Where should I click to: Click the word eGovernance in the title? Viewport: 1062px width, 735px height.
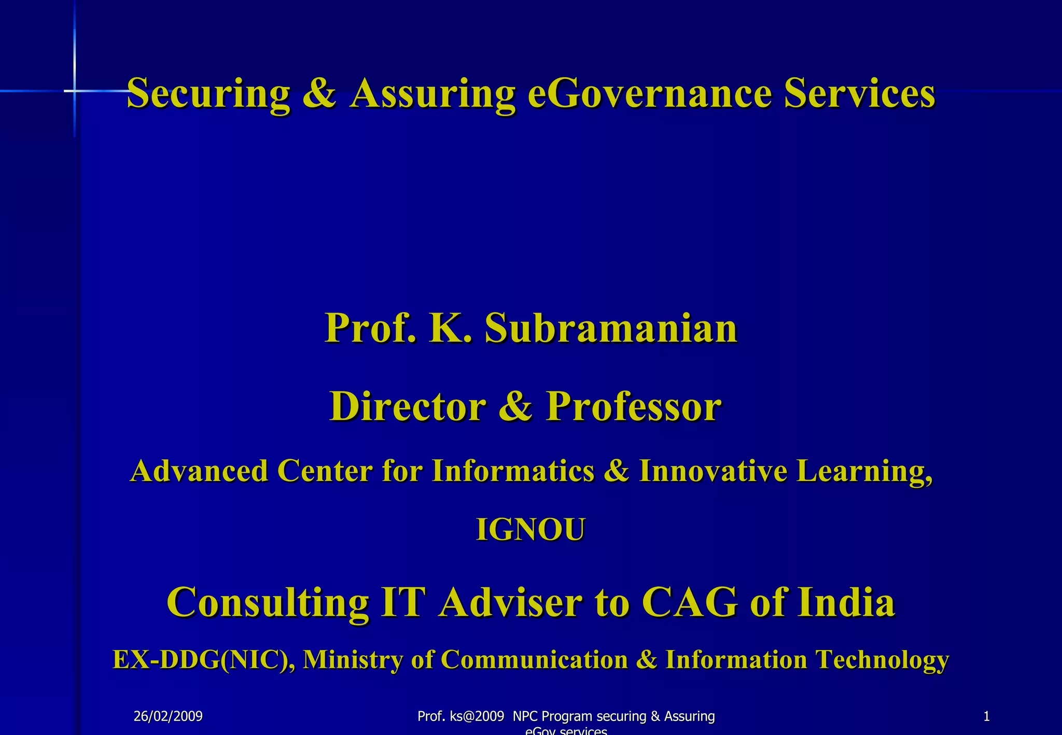pyautogui.click(x=650, y=93)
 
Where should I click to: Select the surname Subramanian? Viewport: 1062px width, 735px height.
pyautogui.click(x=611, y=329)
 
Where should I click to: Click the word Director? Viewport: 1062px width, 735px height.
pyautogui.click(x=408, y=406)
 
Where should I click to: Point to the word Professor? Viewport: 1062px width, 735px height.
pyautogui.click(x=634, y=406)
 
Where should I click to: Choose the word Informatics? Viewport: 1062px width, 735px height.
pyautogui.click(x=513, y=471)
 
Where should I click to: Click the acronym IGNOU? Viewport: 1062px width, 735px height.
pyautogui.click(x=530, y=530)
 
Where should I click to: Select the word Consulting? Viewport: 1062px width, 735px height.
pyautogui.click(x=268, y=602)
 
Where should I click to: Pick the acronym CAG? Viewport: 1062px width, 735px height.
pyautogui.click(x=690, y=602)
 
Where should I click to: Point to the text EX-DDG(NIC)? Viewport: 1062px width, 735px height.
pyautogui.click(x=204, y=660)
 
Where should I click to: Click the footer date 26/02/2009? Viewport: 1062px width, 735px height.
pyautogui.click(x=168, y=717)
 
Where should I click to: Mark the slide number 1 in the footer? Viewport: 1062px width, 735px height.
pyautogui.click(x=986, y=717)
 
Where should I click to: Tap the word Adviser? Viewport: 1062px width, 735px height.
pyautogui.click(x=510, y=602)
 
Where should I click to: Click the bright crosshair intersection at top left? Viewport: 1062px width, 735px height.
pyautogui.click(x=75, y=91)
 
